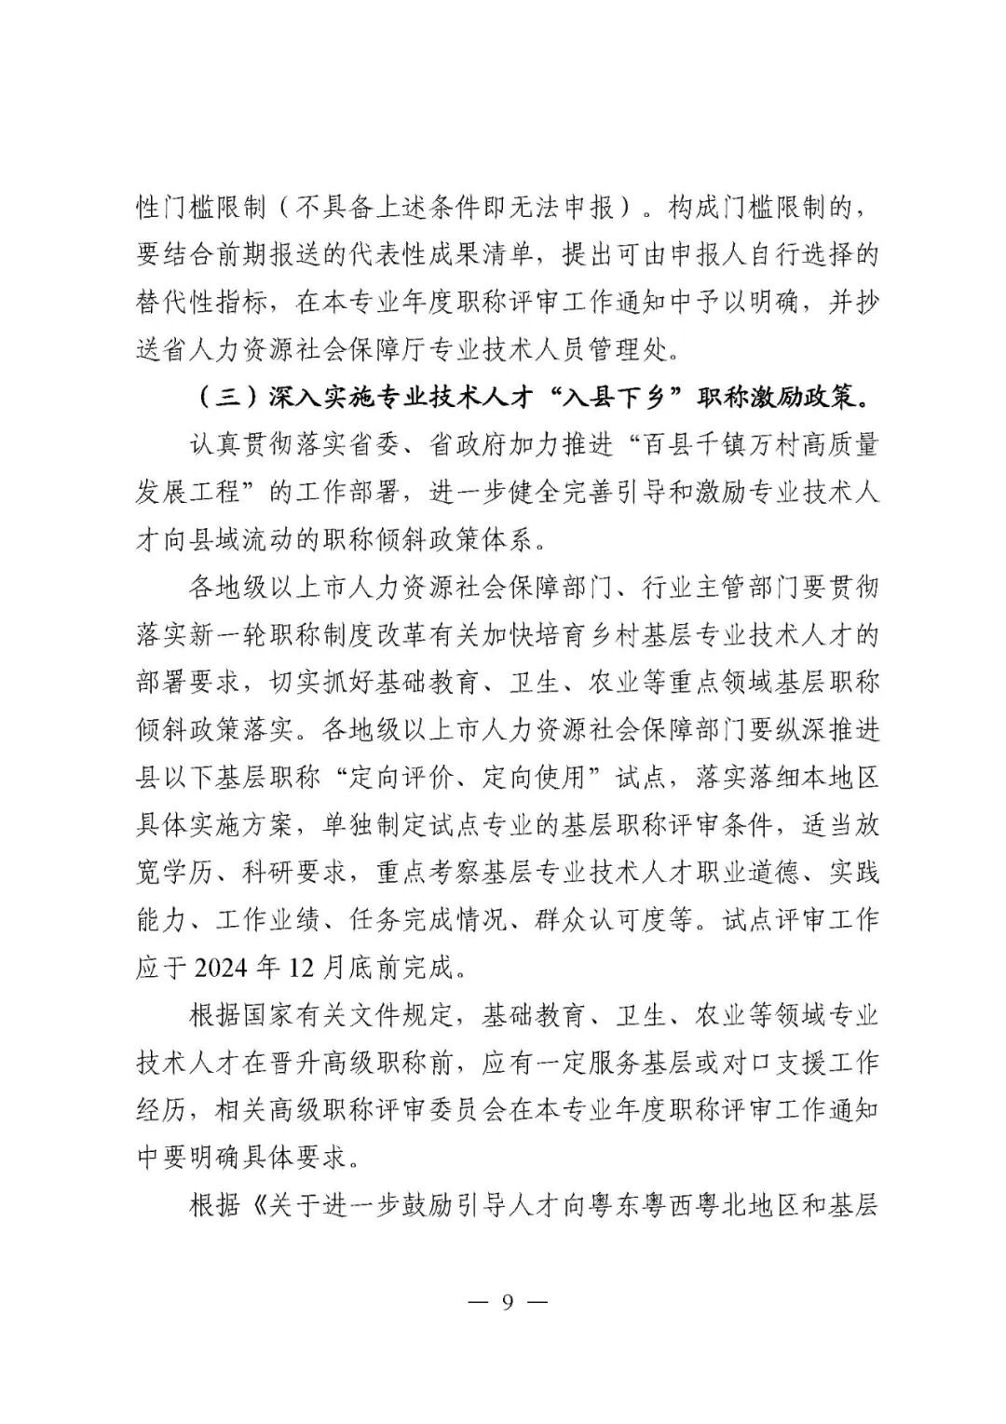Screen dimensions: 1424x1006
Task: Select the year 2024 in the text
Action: [x=221, y=968]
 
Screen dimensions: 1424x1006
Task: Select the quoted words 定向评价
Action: [x=386, y=778]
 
